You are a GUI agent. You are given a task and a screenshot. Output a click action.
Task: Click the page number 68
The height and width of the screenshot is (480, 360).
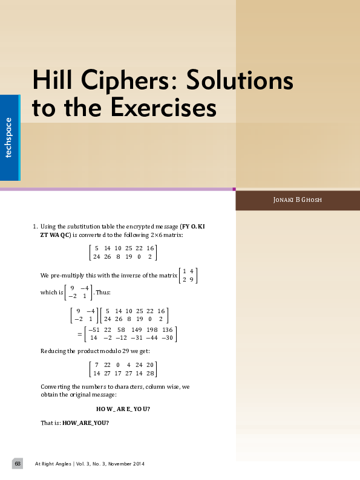coord(18,463)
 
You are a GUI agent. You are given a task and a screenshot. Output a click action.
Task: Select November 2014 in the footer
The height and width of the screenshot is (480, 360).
coord(128,464)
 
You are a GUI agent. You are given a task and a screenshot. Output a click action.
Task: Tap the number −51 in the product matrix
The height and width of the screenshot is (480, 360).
coord(94,330)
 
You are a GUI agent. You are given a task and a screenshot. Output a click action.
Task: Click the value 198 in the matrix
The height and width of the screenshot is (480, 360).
coord(152,330)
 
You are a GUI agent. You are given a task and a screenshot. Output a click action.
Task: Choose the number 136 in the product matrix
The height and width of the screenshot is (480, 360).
coord(167,330)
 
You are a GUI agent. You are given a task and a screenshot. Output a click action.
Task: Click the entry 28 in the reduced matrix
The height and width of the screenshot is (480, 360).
coord(151,374)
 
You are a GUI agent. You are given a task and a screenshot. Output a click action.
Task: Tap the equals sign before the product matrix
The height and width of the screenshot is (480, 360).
coord(79,334)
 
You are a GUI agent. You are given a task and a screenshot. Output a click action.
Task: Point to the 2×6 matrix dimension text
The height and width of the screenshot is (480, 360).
coord(160,235)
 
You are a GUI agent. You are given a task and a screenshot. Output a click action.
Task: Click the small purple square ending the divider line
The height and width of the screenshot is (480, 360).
coord(234,189)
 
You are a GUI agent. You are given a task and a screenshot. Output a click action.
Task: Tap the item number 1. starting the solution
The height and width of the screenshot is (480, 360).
coord(34,227)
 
